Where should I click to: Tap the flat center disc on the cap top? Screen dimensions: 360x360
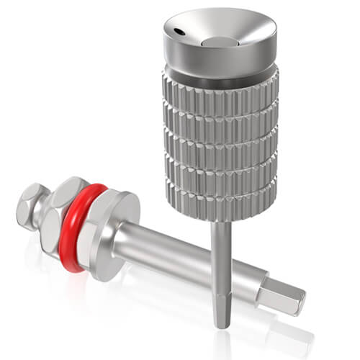[217, 42]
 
